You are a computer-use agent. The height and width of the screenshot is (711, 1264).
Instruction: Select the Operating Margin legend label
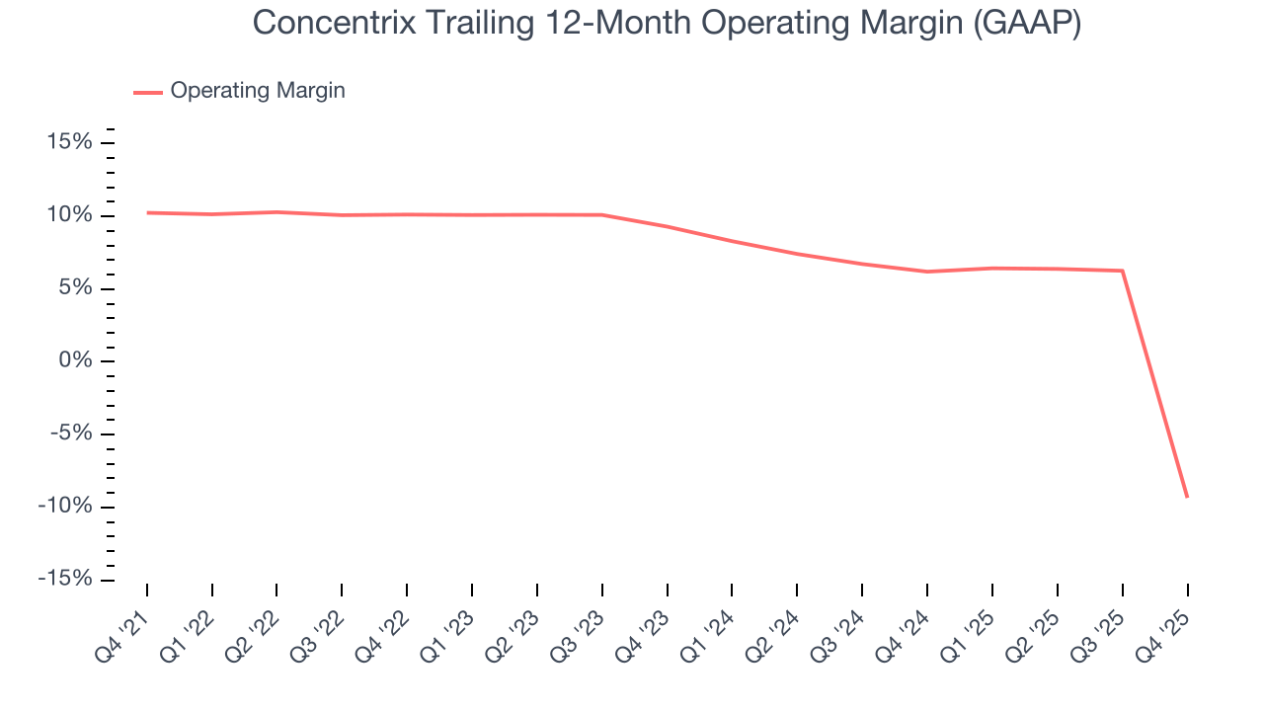pos(258,91)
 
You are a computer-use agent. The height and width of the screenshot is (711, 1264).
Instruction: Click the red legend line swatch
pos(148,92)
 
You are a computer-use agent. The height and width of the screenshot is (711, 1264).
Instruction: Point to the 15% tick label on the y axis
pos(70,143)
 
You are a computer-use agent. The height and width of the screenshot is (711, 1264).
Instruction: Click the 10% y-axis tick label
pos(70,216)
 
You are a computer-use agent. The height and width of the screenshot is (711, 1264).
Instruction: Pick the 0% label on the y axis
pos(76,361)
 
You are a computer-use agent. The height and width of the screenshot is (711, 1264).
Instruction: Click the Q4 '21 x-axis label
pos(123,630)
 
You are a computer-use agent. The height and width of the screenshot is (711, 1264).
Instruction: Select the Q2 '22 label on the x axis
pos(254,630)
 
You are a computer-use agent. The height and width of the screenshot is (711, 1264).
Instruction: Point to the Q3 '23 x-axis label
pos(580,630)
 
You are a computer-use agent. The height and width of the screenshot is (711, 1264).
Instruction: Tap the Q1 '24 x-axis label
pos(709,630)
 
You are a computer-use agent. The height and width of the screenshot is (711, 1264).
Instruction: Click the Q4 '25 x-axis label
pos(1164,630)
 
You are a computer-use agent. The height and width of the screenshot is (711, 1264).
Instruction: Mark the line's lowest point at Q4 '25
pos(1187,497)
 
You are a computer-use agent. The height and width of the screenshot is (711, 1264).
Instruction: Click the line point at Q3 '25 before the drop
pos(1123,271)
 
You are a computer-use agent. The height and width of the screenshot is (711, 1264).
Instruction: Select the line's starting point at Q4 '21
pos(147,212)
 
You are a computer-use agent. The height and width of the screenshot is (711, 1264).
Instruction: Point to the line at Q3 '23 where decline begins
pos(602,214)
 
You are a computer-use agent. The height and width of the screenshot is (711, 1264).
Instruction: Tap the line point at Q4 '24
pos(927,272)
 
